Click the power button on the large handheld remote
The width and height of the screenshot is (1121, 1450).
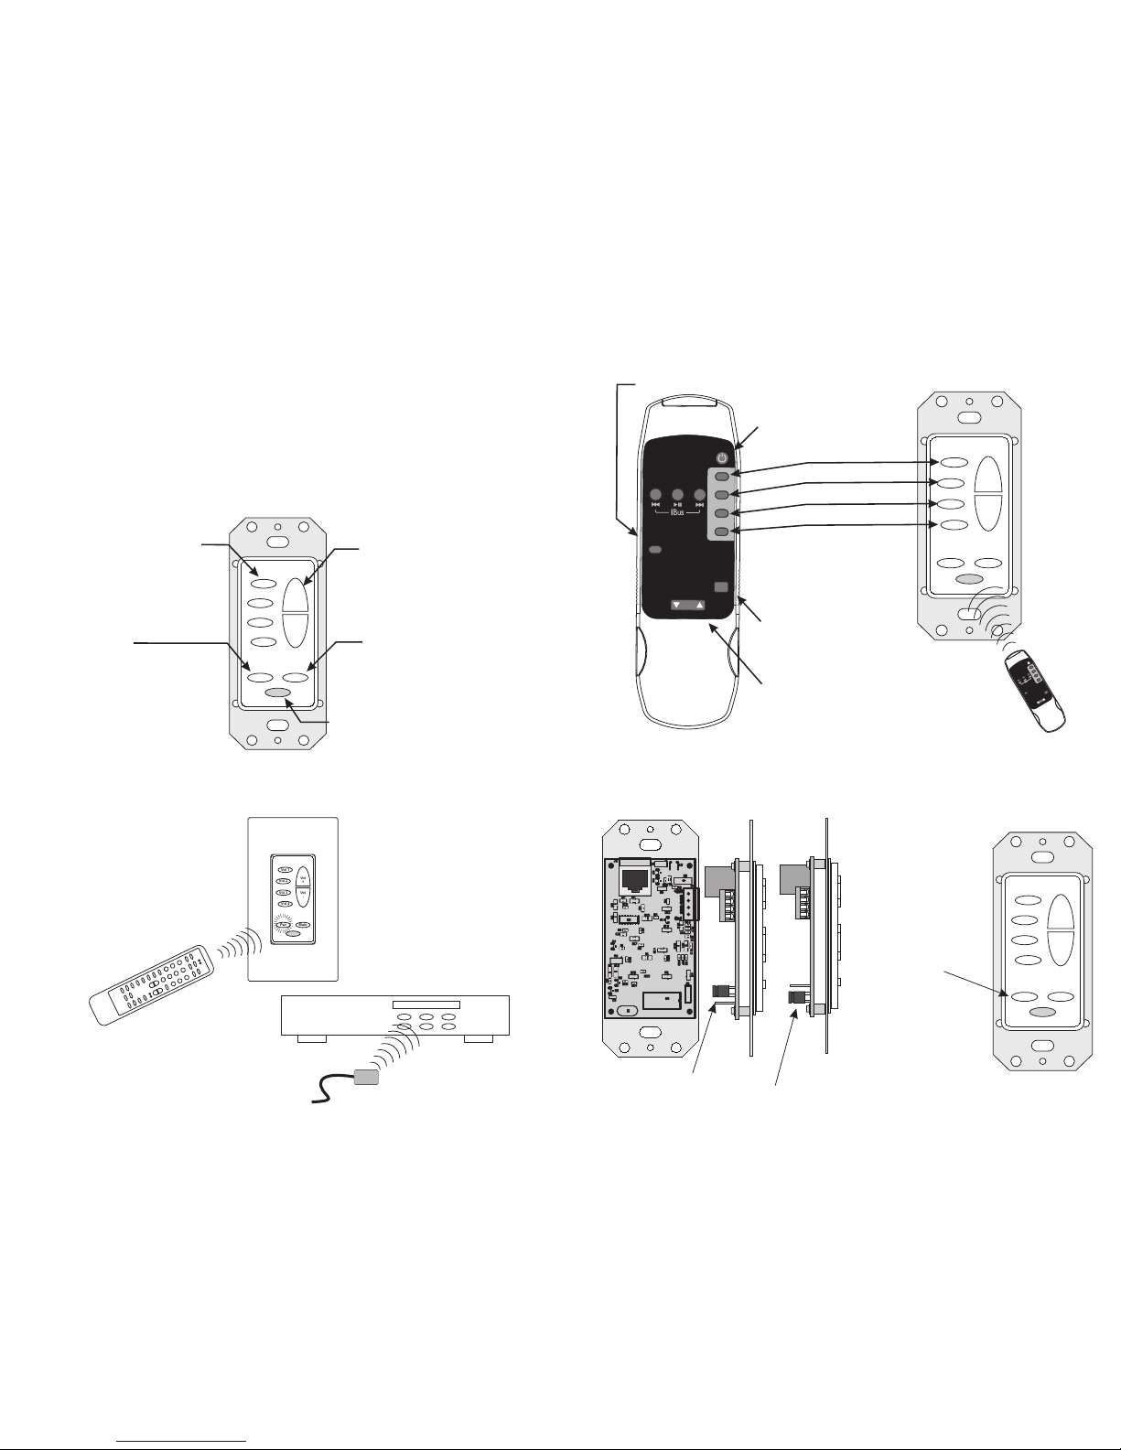722,458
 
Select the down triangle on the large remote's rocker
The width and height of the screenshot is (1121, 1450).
675,606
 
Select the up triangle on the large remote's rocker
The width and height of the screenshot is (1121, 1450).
699,606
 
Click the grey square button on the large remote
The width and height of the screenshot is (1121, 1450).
721,586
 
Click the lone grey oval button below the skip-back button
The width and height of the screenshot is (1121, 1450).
655,551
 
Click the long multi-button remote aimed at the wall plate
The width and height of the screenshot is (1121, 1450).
151,987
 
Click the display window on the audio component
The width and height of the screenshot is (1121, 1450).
425,1005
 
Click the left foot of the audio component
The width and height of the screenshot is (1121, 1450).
311,1039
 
